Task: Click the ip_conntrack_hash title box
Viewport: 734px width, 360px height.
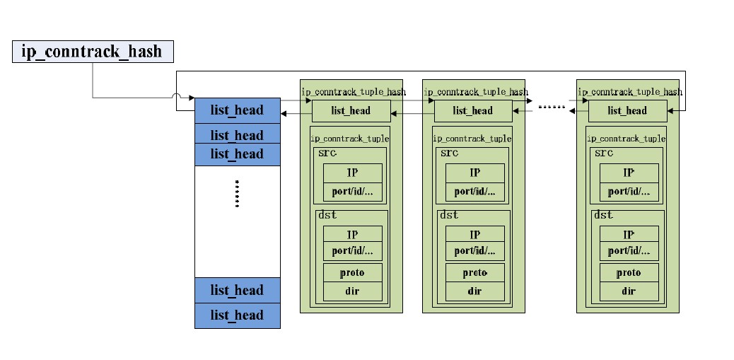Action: [93, 52]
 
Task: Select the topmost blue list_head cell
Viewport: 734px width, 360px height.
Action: [237, 110]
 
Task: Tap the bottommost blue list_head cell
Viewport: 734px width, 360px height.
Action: [237, 315]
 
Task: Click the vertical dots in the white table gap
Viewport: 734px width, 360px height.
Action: [237, 193]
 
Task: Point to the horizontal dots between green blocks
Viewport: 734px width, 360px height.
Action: [552, 108]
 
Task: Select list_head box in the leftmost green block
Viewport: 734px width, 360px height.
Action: [351, 111]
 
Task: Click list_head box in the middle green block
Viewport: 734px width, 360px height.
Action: [472, 111]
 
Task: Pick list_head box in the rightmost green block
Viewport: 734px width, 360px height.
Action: [627, 111]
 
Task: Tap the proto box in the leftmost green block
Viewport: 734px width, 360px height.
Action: [353, 273]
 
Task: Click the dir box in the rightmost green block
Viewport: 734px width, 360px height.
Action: [629, 291]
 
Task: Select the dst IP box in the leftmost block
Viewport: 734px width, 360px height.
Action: [353, 235]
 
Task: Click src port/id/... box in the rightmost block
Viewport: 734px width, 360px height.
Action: [629, 192]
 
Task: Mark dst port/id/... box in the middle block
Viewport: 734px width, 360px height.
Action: [474, 251]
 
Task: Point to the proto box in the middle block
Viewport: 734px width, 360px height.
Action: [474, 273]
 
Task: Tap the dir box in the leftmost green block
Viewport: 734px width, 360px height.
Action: [353, 291]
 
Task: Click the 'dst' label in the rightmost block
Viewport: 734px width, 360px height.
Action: [603, 215]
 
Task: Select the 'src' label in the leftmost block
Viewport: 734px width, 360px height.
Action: [327, 153]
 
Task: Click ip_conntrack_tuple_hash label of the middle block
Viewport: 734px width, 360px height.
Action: [475, 92]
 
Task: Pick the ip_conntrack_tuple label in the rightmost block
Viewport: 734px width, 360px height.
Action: [627, 139]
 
